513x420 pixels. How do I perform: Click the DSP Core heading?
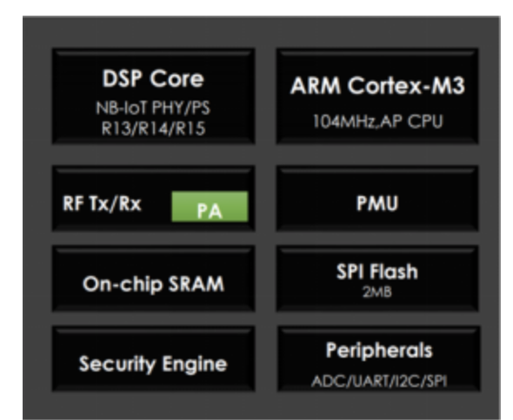click(x=153, y=78)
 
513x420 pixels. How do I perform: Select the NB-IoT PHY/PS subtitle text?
click(x=153, y=108)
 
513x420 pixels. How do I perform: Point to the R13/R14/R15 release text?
click(x=153, y=128)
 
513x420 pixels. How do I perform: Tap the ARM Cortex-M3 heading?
click(x=377, y=86)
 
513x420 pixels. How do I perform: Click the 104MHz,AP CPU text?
click(x=378, y=121)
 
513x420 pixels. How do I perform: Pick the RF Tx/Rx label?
click(x=102, y=203)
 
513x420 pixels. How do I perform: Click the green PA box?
click(x=210, y=207)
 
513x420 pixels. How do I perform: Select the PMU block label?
click(x=377, y=203)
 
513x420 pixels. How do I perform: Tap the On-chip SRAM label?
click(x=153, y=284)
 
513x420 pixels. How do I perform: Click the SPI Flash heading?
click(x=377, y=271)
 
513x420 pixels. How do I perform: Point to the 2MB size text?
click(x=377, y=292)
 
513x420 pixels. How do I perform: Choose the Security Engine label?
click(x=153, y=364)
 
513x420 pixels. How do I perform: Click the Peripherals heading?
click(x=379, y=350)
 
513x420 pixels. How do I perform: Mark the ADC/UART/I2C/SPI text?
click(x=379, y=381)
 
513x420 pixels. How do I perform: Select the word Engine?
click(x=195, y=364)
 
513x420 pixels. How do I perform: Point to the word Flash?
click(x=396, y=271)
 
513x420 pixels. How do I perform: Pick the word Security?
click(x=117, y=364)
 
